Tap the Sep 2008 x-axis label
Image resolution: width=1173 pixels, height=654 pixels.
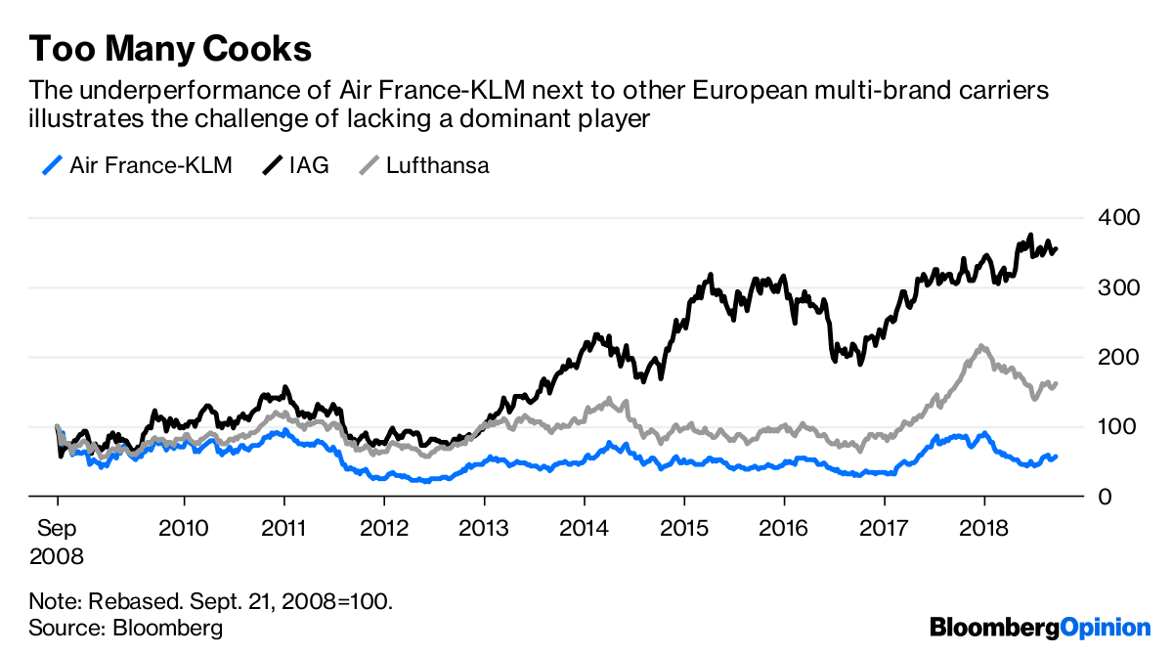coord(57,543)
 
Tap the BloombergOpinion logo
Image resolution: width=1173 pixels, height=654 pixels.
coord(1040,627)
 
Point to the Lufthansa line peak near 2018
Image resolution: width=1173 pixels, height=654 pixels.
coord(981,346)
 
